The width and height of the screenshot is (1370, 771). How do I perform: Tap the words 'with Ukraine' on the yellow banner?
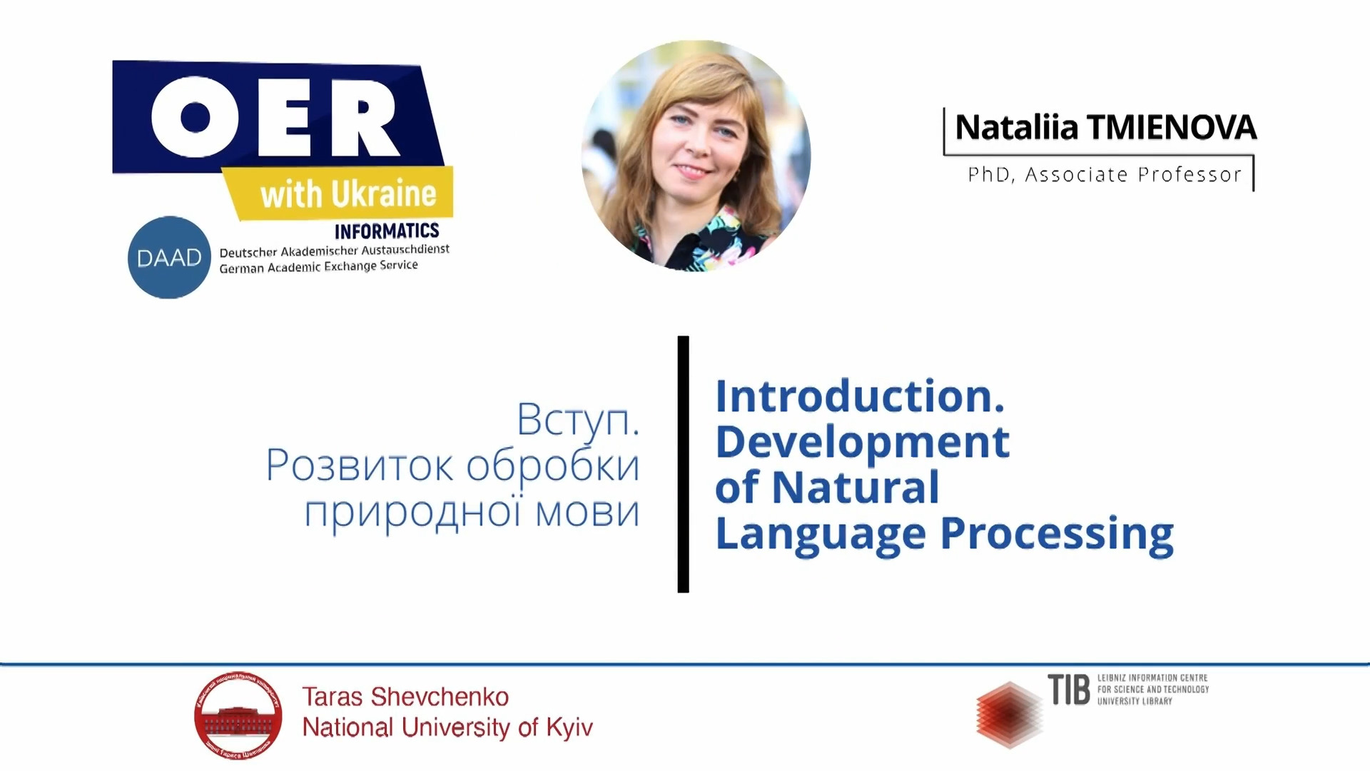[x=348, y=194]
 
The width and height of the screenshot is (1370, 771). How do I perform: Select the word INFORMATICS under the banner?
[x=387, y=231]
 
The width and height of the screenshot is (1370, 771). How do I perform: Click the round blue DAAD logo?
[x=169, y=258]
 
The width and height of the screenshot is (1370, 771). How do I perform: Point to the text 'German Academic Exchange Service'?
[x=318, y=267]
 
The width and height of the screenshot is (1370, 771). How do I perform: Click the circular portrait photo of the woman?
[x=696, y=156]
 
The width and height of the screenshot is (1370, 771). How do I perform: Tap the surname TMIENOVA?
[x=1172, y=128]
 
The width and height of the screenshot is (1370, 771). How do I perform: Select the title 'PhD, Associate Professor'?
[x=1105, y=175]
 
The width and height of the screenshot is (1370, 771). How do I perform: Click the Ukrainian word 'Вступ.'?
[x=578, y=420]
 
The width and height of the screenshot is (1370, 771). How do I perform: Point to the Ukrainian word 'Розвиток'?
[x=360, y=465]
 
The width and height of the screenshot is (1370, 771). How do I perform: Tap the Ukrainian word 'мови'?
[x=587, y=513]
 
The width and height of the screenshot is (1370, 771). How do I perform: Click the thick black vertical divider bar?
[x=684, y=464]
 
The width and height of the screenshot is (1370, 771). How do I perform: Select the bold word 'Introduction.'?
[x=861, y=396]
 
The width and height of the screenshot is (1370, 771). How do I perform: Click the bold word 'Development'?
[x=863, y=443]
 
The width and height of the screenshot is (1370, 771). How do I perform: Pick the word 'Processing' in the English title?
[x=1057, y=535]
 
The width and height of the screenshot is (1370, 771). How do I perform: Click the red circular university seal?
[x=238, y=715]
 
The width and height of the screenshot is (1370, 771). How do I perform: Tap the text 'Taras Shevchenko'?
[x=405, y=697]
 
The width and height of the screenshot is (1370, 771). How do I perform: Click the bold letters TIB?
[x=1069, y=690]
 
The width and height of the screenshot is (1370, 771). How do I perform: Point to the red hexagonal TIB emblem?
[x=1009, y=715]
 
